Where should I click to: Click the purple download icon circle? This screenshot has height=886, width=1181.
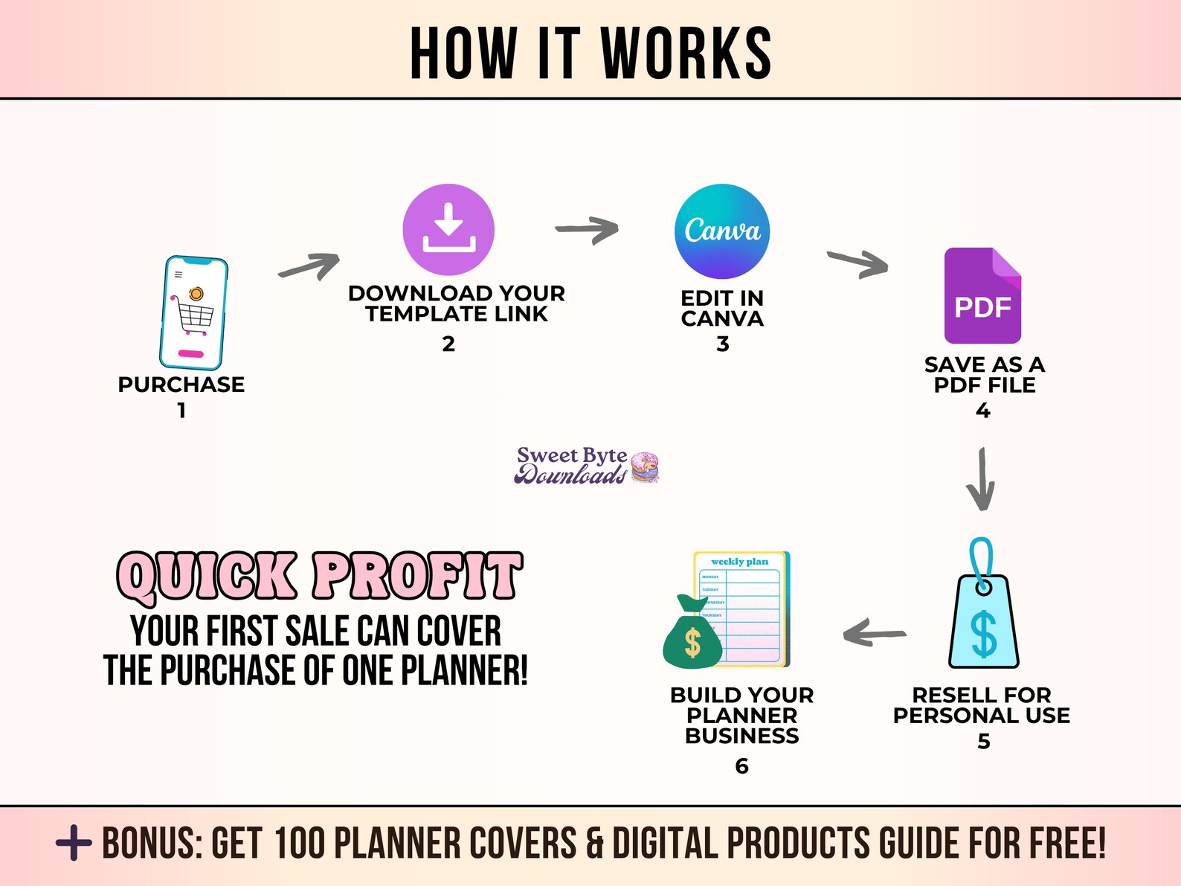[x=448, y=230]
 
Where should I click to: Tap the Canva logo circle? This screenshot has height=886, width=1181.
[x=722, y=231]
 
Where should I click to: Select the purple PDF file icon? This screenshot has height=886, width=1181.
[x=982, y=296]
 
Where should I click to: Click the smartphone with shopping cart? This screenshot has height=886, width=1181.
[x=193, y=313]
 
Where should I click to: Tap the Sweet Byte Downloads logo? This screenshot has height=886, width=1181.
[x=586, y=466]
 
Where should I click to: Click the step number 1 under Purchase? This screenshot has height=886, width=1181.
[x=181, y=411]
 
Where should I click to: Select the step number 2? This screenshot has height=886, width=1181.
[x=448, y=344]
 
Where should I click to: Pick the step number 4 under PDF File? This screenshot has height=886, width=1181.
[x=982, y=411]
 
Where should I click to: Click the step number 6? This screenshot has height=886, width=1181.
[x=741, y=766]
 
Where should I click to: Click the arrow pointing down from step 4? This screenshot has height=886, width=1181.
[x=981, y=480]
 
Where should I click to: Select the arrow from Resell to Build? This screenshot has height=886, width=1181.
[x=875, y=634]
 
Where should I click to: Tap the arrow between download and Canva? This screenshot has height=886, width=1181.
[x=588, y=229]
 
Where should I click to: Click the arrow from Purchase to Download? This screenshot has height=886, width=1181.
[x=309, y=266]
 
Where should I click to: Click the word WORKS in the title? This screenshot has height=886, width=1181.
[x=686, y=53]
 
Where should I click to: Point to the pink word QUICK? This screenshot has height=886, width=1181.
[x=207, y=577]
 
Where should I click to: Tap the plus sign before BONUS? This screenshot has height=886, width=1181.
[x=74, y=843]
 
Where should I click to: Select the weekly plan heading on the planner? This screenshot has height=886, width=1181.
[x=739, y=562]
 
